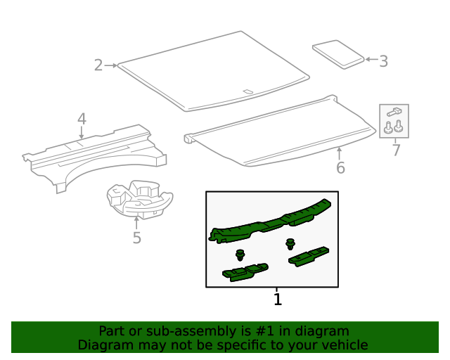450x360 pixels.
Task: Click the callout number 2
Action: [x=98, y=65]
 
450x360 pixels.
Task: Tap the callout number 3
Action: [x=383, y=61]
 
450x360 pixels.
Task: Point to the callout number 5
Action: [x=136, y=238]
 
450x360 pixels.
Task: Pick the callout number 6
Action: [x=340, y=168]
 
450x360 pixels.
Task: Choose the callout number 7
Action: [x=396, y=150]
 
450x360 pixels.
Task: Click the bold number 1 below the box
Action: [x=277, y=300]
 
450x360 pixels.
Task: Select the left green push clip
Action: [x=240, y=255]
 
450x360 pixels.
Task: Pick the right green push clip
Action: [x=290, y=245]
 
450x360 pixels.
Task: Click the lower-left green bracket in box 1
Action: [x=245, y=271]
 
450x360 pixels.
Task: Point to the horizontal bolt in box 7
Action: [x=394, y=112]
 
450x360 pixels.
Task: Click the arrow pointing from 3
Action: [x=371, y=60]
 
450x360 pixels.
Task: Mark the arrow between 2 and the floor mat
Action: [x=111, y=65]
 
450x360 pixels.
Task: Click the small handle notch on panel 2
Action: [x=247, y=91]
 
